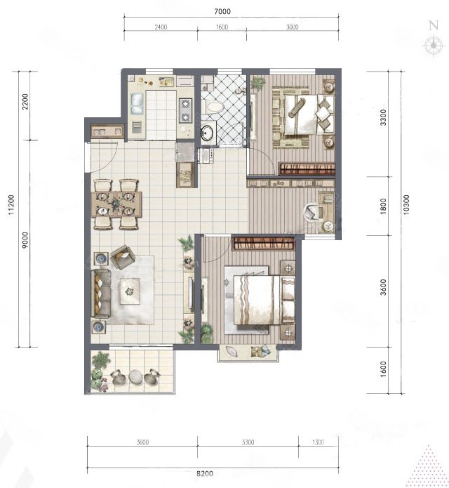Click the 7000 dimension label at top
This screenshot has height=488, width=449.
[x=222, y=11]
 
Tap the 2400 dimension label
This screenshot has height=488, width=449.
[x=161, y=27]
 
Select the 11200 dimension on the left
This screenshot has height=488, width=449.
[x=11, y=205]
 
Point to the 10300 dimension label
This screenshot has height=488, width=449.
[x=406, y=205]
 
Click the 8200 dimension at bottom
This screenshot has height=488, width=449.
[x=205, y=474]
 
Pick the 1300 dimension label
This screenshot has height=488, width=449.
[x=318, y=442]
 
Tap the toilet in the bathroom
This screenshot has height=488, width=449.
[x=213, y=107]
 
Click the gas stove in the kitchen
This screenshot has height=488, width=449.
[x=185, y=110]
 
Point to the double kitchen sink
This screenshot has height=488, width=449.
[x=137, y=103]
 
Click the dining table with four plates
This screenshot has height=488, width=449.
[x=116, y=204]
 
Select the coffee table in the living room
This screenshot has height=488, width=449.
[x=130, y=291]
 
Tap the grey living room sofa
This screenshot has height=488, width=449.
[x=101, y=294]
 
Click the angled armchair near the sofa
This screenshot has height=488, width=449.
[x=122, y=257]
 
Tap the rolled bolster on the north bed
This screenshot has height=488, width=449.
[x=297, y=107]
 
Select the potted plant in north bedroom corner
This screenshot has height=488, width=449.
[x=258, y=83]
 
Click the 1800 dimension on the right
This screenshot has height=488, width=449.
[x=383, y=206]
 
